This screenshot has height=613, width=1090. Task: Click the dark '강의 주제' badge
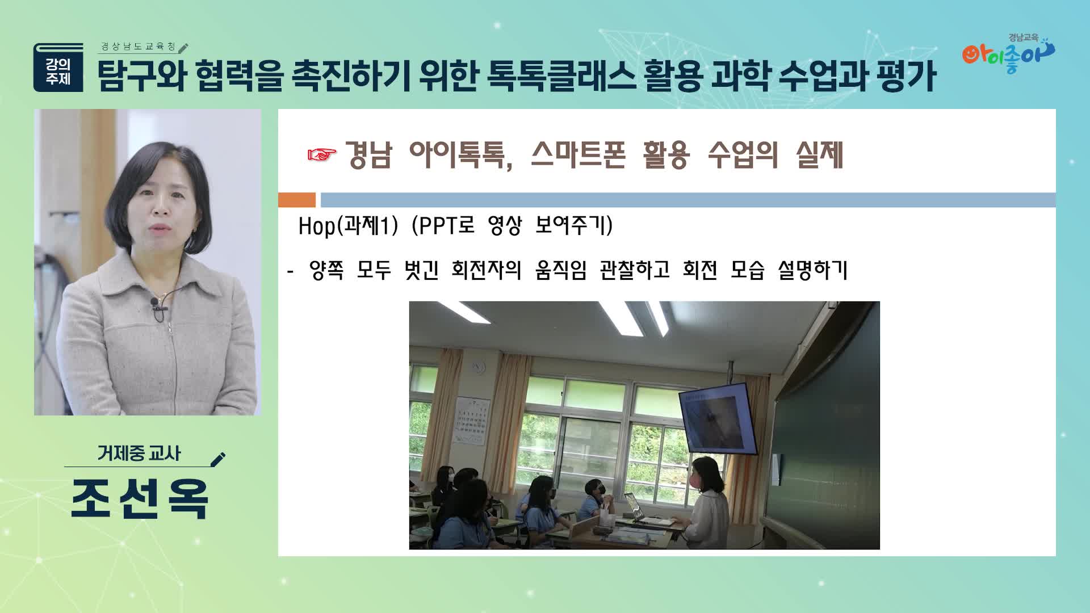58,68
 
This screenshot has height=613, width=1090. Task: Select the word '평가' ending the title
906,75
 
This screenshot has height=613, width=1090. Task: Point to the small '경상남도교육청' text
139,47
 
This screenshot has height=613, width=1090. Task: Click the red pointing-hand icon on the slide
322,154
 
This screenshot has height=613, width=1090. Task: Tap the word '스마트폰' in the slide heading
578,154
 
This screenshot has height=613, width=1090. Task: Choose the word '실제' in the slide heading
820,154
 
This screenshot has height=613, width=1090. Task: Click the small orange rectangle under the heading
297,200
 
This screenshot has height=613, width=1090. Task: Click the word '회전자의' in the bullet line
487,270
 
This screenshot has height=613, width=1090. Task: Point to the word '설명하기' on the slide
812,270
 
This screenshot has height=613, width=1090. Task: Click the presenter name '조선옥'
140,499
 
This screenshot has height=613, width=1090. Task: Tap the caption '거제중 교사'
139,453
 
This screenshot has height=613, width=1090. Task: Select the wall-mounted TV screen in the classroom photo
718,418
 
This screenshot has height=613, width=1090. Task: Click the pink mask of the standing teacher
698,480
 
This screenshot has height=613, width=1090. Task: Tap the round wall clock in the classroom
479,368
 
